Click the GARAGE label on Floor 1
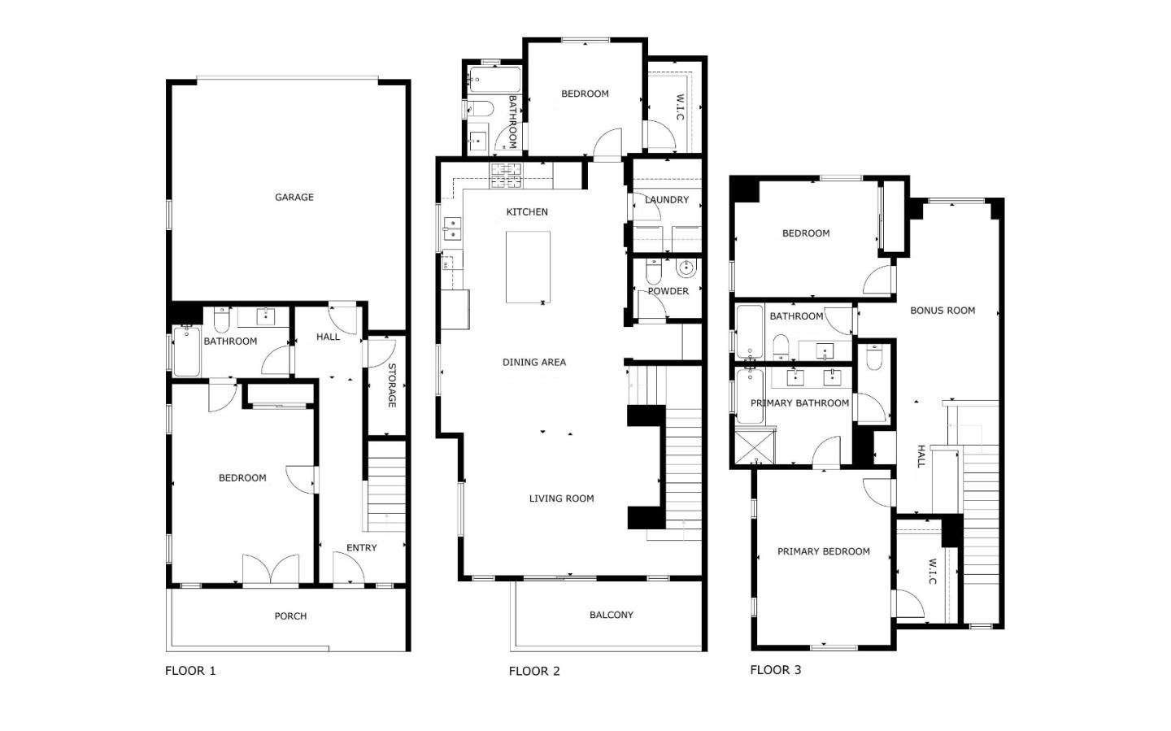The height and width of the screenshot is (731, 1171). (x=294, y=197)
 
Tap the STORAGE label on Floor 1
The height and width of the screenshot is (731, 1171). (x=391, y=385)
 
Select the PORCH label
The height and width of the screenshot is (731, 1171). (x=290, y=616)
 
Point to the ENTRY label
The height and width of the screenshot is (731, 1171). (x=361, y=547)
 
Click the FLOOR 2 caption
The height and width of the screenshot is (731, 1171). (x=533, y=671)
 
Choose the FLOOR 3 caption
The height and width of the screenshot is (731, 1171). (x=775, y=670)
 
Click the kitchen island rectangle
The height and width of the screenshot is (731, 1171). (x=528, y=267)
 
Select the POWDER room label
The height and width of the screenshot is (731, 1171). (x=668, y=290)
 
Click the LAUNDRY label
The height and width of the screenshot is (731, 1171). (x=667, y=199)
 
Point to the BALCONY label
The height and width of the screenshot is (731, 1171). (x=611, y=615)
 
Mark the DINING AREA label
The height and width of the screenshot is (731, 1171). (x=533, y=362)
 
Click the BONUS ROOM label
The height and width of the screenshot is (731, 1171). (x=942, y=310)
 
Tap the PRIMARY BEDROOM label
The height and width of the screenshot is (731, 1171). (x=823, y=551)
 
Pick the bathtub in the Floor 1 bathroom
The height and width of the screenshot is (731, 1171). (x=186, y=351)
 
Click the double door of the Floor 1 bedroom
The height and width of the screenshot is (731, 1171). (x=271, y=571)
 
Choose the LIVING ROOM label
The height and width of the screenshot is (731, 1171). (x=561, y=498)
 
